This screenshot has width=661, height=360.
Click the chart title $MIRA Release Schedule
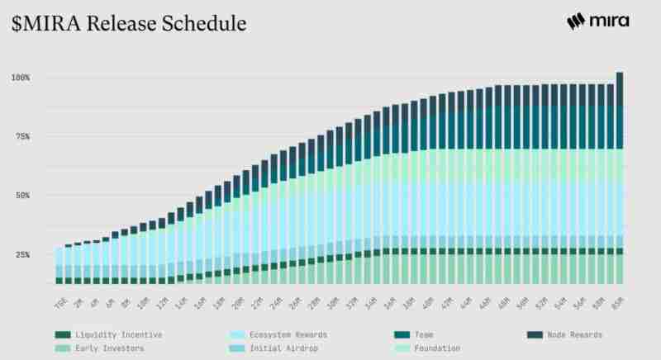pos(129,24)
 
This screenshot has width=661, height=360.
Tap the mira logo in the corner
pos(598,22)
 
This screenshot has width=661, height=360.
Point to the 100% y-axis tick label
pos(21,78)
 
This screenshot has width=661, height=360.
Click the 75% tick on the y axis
pos(22,137)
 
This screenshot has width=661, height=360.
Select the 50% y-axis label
pos(22,196)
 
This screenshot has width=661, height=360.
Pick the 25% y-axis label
pos(22,255)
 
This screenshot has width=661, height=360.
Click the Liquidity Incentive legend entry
pos(124,334)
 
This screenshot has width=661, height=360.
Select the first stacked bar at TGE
pos(59,265)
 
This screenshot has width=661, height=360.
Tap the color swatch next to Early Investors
pos(63,348)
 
